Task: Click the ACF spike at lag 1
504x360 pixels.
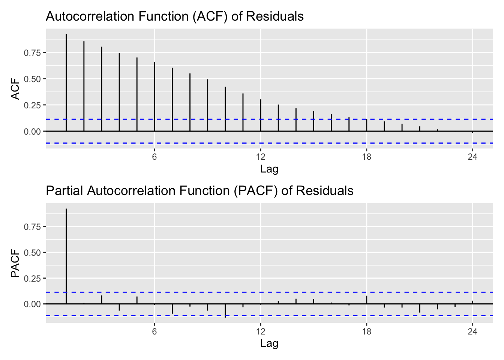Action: [66, 82]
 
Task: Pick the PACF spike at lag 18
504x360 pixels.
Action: [367, 300]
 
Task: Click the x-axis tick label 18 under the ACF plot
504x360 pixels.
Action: [367, 157]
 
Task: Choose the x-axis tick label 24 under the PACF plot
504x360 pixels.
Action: [473, 331]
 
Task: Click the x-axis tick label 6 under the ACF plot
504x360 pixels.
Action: [154, 157]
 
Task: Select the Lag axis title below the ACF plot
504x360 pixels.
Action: [269, 169]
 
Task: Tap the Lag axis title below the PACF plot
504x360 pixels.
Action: [269, 343]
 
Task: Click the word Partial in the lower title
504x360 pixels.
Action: [64, 191]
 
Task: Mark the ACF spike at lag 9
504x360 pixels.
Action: [208, 105]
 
